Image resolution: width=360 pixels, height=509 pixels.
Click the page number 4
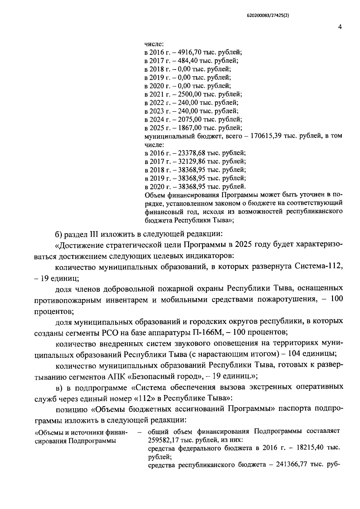click(x=340, y=27)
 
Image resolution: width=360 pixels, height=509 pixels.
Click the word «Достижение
click(x=79, y=245)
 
